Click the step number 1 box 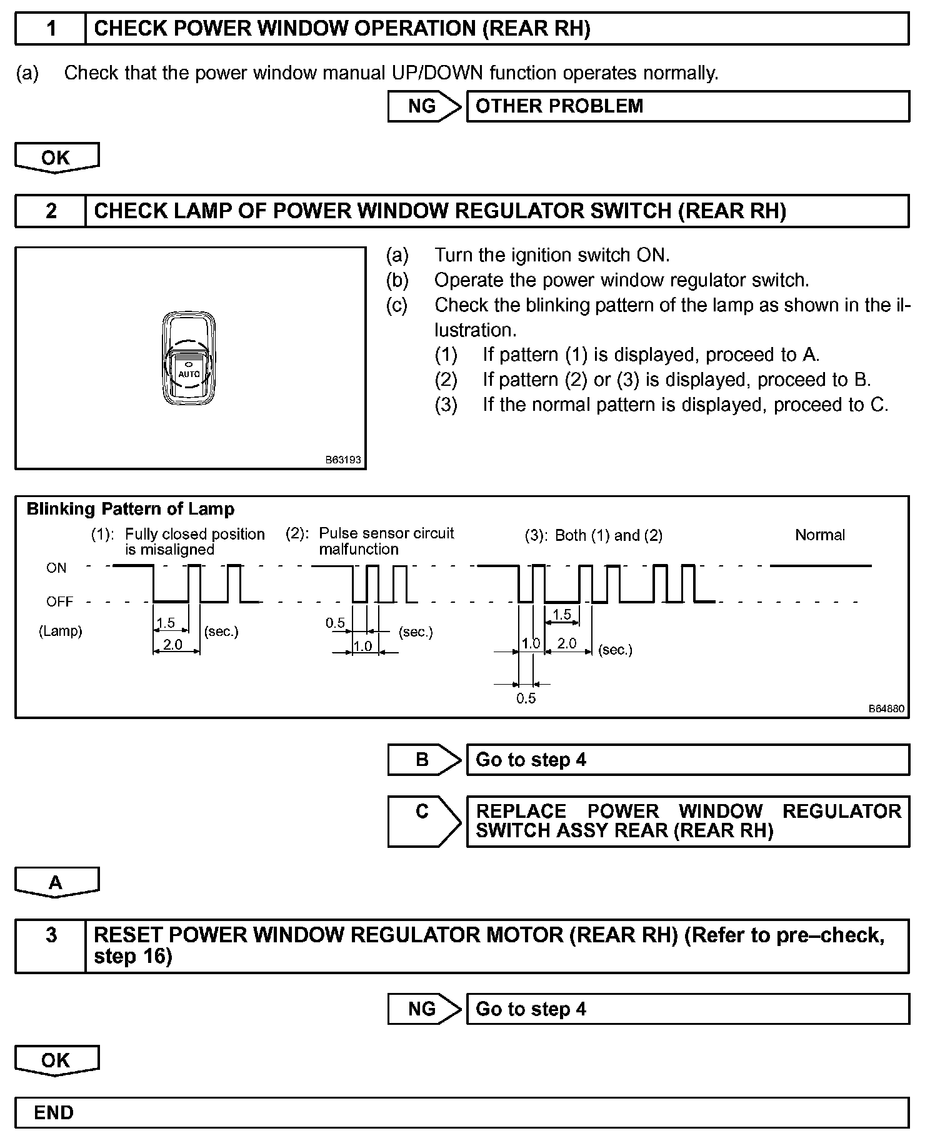pyautogui.click(x=51, y=29)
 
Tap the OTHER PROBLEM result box pyautogui.click(x=687, y=106)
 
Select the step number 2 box pyautogui.click(x=51, y=211)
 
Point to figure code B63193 pyautogui.click(x=343, y=460)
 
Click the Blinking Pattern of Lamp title pyautogui.click(x=130, y=509)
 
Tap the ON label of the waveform pyautogui.click(x=56, y=568)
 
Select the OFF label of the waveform pyautogui.click(x=59, y=602)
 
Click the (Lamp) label pyautogui.click(x=61, y=631)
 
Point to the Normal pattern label pyautogui.click(x=819, y=535)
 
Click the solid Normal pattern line pyautogui.click(x=820, y=566)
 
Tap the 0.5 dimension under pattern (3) pyautogui.click(x=526, y=698)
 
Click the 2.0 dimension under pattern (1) pyautogui.click(x=172, y=644)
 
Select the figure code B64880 pyautogui.click(x=886, y=709)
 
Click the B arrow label pyautogui.click(x=422, y=760)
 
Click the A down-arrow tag pyautogui.click(x=56, y=882)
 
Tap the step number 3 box pyautogui.click(x=51, y=935)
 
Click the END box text pyautogui.click(x=54, y=1112)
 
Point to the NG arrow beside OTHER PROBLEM pyautogui.click(x=422, y=106)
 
